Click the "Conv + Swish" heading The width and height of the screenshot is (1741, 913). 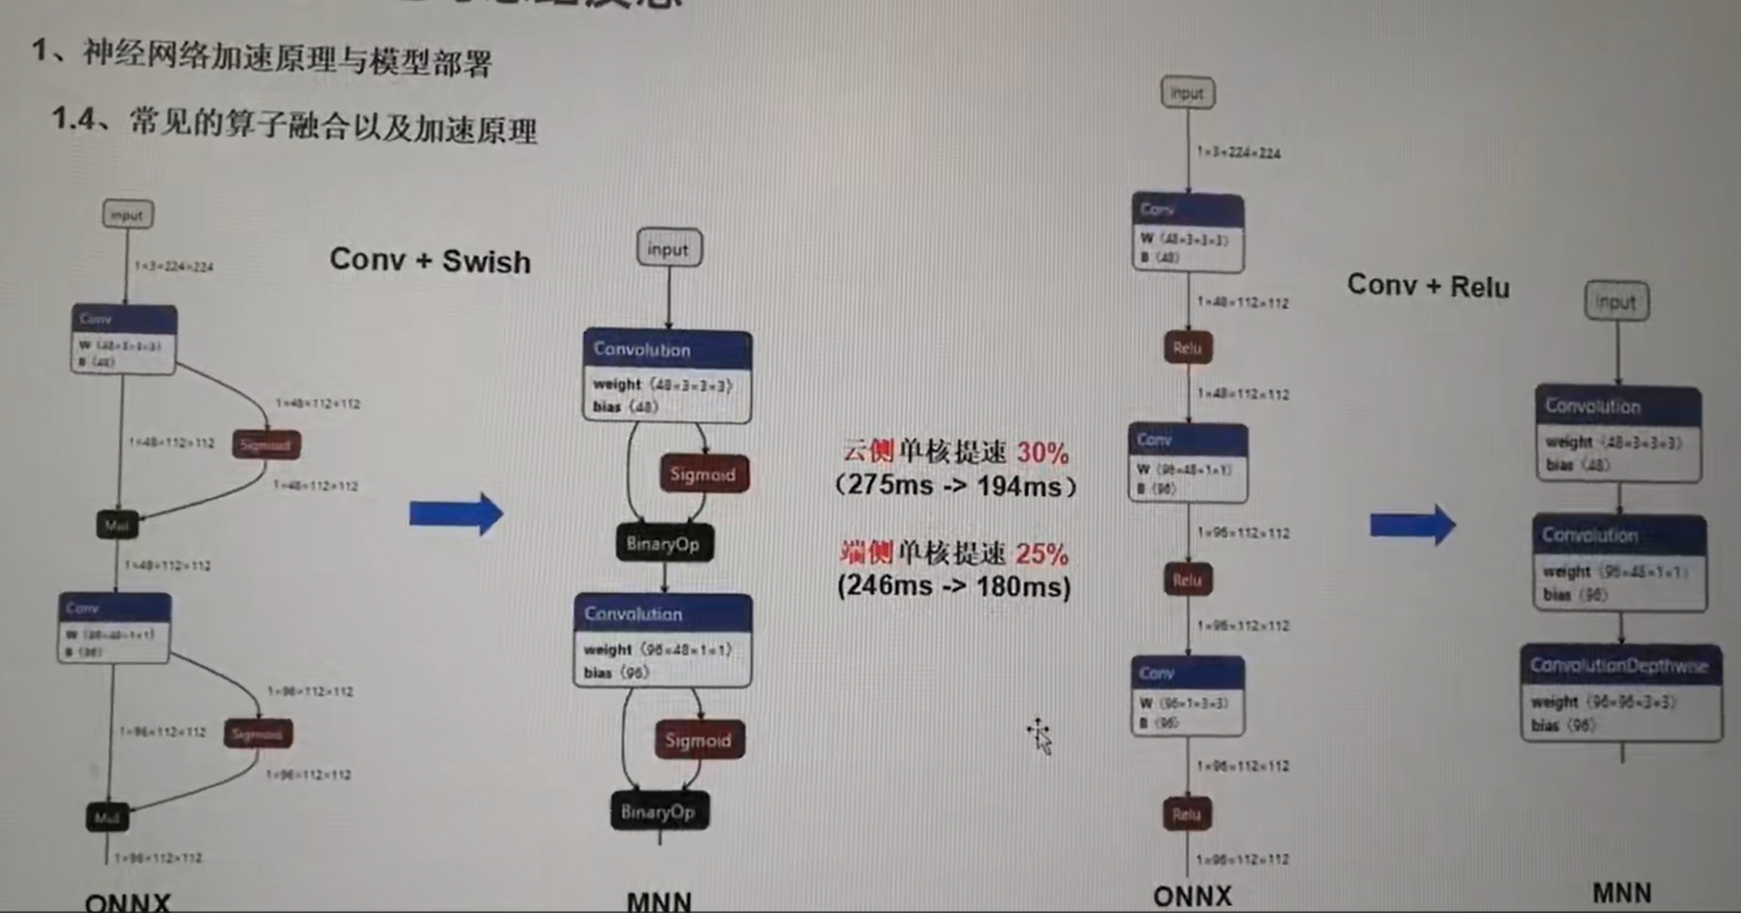[x=430, y=260]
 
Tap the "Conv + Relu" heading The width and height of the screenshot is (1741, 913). [x=1427, y=286]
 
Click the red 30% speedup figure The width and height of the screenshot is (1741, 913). [x=1043, y=453]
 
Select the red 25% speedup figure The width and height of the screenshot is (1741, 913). [x=1042, y=554]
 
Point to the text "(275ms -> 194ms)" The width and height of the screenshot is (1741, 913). [x=956, y=486]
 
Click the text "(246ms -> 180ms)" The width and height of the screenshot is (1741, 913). [x=953, y=587]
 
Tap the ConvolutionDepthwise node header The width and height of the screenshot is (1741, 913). [x=1619, y=666]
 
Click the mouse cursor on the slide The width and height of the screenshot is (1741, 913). [x=1040, y=736]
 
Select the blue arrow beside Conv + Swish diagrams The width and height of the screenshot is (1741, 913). [x=455, y=514]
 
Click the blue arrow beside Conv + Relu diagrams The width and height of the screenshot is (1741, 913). [x=1412, y=525]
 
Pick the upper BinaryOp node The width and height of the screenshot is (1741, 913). [x=664, y=544]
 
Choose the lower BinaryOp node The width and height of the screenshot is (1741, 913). [x=659, y=812]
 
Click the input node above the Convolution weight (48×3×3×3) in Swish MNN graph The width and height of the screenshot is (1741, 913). [x=669, y=249]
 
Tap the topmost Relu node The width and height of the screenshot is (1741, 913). [x=1188, y=348]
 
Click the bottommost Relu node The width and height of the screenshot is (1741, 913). [x=1187, y=815]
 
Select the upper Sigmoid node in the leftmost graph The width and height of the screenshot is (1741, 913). [x=266, y=445]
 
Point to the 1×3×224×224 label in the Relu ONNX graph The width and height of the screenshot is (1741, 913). [x=1239, y=153]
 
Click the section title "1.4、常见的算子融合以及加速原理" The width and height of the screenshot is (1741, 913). [x=294, y=125]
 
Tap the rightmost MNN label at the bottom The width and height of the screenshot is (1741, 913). [x=1621, y=893]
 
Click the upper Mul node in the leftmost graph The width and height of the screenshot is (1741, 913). [x=117, y=525]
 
